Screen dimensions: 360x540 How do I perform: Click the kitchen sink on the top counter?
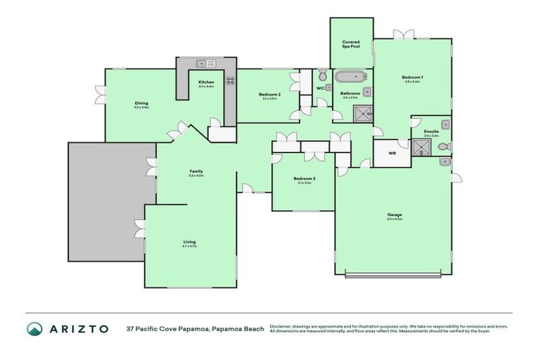tap(205, 63)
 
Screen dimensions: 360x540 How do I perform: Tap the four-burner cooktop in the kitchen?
tap(229, 81)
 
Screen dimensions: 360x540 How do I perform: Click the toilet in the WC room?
tap(321, 75)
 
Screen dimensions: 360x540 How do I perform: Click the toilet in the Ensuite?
tap(443, 146)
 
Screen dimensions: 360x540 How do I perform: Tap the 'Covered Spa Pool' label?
tap(351, 45)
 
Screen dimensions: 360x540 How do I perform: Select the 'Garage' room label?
tap(394, 214)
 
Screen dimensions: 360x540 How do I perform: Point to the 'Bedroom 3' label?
tap(304, 179)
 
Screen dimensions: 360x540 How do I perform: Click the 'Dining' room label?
tap(141, 103)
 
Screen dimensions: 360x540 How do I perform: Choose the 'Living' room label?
tap(189, 242)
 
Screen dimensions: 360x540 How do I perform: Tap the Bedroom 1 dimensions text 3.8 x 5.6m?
tap(412, 82)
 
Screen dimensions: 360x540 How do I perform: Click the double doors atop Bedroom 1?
tap(400, 35)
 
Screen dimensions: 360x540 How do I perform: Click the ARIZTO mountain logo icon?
tap(34, 328)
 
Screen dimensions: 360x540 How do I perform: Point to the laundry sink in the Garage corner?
tap(446, 162)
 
